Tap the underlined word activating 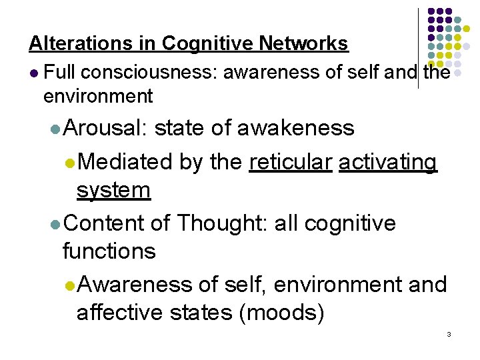tap(388, 161)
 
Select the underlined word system tap(113, 191)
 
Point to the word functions tap(109, 251)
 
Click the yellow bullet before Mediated tap(70, 162)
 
